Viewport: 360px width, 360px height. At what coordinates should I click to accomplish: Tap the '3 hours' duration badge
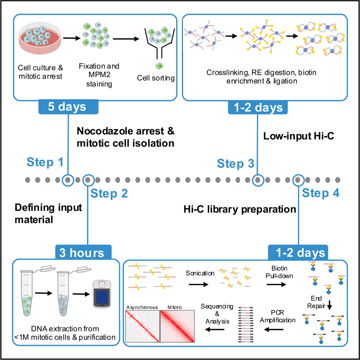pos(83,252)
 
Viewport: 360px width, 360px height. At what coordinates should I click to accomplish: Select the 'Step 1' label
pos(45,162)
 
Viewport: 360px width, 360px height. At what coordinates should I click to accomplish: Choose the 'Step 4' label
pos(321,193)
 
